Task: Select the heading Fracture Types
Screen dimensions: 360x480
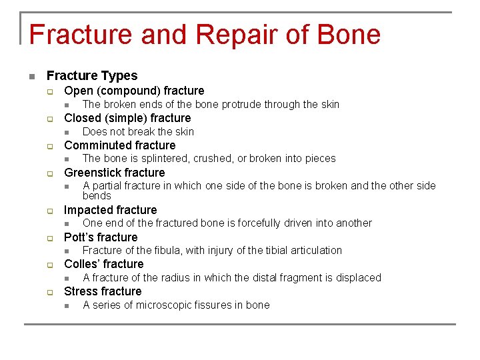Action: tap(92, 76)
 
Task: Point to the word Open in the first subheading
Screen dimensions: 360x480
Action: tap(78, 91)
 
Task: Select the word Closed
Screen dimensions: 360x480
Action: tap(82, 118)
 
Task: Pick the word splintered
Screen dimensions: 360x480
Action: tap(163, 159)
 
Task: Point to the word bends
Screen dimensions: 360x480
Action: tap(97, 195)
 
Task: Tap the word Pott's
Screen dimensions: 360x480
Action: tap(78, 237)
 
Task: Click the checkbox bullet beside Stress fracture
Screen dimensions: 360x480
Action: tap(49, 292)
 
